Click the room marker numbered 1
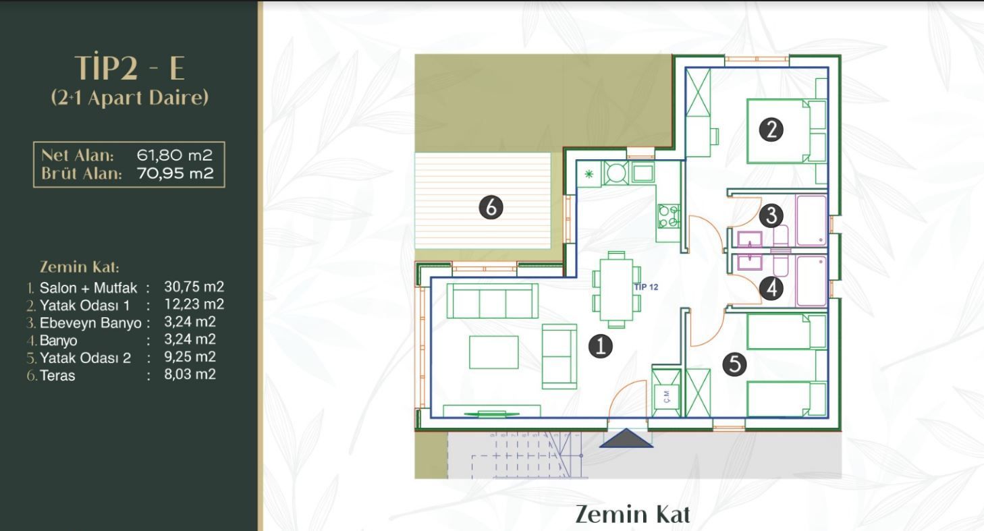tap(601, 346)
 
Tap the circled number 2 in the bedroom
tap(771, 130)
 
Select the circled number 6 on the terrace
tap(491, 207)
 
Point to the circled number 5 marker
tap(734, 364)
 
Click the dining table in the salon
tap(616, 290)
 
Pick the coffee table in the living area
tap(494, 352)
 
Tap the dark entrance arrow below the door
tap(626, 438)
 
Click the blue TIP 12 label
tap(646, 287)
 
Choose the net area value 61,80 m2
tap(174, 155)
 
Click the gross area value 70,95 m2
tap(175, 173)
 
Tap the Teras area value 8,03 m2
tap(190, 374)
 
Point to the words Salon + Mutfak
tap(88, 288)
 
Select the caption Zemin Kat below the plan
tap(632, 514)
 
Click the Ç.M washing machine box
tap(666, 397)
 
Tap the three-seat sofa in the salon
tap(493, 301)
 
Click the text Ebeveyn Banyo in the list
tap(90, 323)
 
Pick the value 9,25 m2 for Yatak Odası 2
tap(190, 357)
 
